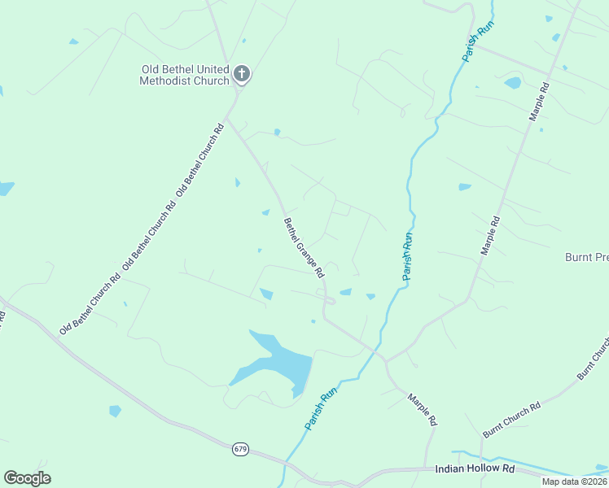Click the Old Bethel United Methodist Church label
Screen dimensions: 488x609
[184, 75]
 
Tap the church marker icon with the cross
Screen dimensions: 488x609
[241, 73]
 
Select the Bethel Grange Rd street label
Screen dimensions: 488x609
[304, 247]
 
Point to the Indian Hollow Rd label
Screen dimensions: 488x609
[475, 468]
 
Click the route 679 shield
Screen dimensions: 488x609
[239, 449]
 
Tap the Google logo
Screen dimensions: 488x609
[27, 477]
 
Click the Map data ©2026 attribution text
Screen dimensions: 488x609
[575, 481]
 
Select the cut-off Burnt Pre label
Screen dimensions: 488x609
[586, 257]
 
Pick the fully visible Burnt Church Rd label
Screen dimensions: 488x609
[512, 420]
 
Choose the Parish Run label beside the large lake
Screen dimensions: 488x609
[321, 409]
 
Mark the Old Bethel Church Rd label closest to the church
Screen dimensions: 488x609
[199, 159]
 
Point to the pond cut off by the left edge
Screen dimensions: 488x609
[6, 189]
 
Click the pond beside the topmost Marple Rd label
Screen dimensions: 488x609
[512, 83]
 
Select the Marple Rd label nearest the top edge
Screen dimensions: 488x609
[540, 101]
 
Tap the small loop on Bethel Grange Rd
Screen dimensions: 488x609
[328, 301]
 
